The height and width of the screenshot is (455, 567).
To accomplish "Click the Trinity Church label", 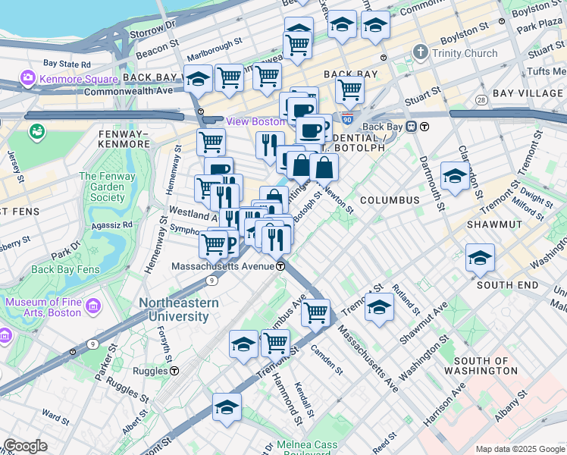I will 464,53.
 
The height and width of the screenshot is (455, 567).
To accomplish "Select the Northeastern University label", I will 179,309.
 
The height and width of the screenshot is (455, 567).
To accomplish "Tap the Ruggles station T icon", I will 174,371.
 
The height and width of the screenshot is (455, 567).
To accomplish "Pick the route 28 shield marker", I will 481,100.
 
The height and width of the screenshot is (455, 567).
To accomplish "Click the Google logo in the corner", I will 25,445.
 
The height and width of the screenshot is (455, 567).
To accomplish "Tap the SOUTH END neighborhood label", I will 507,285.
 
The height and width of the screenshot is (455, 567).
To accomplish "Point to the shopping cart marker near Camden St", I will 315,312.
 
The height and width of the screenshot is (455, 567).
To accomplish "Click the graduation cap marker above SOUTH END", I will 480,258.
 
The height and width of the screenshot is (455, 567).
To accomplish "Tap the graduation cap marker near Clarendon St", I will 455,176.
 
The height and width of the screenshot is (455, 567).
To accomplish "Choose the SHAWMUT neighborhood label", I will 493,224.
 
